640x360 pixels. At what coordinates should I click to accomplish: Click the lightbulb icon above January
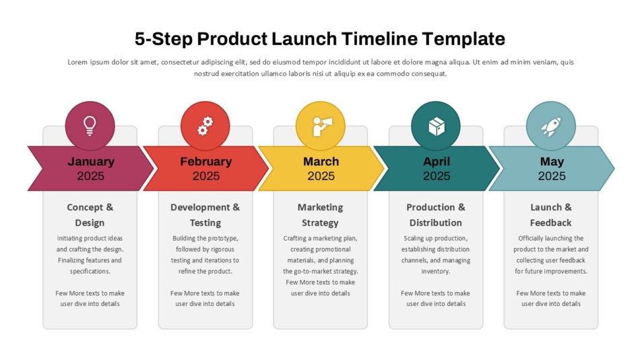[x=90, y=125]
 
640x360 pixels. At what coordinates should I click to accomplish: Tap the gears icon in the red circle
[x=205, y=126]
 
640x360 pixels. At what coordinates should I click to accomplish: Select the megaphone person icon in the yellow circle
[x=322, y=126]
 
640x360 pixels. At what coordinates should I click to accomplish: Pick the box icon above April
[x=437, y=126]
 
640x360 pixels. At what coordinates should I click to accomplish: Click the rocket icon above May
[x=551, y=127]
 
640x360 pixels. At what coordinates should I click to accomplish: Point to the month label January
[x=91, y=161]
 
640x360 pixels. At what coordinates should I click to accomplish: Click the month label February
[x=206, y=161]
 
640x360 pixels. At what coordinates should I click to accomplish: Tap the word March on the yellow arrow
[x=321, y=161]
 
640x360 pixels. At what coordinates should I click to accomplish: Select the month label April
[x=437, y=161]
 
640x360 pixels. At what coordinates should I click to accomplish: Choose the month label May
[x=552, y=162]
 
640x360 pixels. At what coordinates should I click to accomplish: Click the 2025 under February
[x=206, y=176]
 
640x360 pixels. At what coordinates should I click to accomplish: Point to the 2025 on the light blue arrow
[x=552, y=176]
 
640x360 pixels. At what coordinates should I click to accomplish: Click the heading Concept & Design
[x=90, y=215]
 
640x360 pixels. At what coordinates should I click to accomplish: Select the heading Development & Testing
[x=205, y=215]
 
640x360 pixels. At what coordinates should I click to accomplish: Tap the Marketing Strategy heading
[x=321, y=215]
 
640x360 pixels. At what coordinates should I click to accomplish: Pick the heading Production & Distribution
[x=436, y=215]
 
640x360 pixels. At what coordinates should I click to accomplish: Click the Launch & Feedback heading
[x=551, y=215]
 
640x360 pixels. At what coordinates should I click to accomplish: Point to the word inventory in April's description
[x=435, y=271]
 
